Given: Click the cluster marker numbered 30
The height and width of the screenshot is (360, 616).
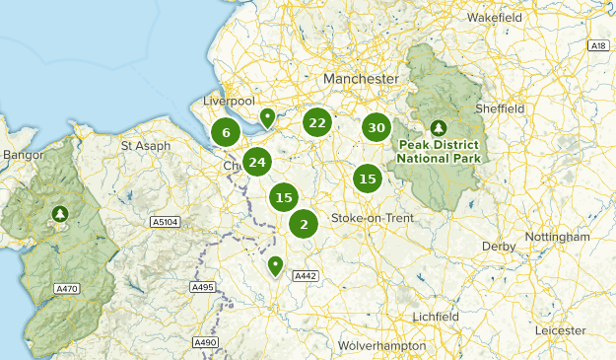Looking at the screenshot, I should pos(376,127).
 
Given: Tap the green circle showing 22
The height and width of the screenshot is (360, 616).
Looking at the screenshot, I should pos(316,122).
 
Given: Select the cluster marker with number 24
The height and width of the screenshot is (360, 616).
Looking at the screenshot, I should pos(257,163).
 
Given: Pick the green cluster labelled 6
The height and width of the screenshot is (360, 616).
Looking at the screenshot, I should pos(226,133).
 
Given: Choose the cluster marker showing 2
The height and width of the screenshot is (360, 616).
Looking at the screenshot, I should pos(304,224).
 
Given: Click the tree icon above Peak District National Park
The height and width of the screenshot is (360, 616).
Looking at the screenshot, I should pos(438,128).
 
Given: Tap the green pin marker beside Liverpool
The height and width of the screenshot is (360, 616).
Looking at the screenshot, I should pos(267,118).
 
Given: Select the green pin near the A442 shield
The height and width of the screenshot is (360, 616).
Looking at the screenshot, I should pos(276,264).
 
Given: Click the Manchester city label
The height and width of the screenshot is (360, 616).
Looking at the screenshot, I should pos(361,78).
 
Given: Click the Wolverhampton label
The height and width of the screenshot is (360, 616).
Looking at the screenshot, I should pos(381,346).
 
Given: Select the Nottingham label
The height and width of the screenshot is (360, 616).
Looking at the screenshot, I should pos(557,238).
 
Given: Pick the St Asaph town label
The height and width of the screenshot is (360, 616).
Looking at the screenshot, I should pos(146,146).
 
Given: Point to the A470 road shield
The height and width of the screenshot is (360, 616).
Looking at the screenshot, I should pos(67,288).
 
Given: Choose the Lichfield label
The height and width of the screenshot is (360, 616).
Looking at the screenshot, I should pos(436,316).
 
